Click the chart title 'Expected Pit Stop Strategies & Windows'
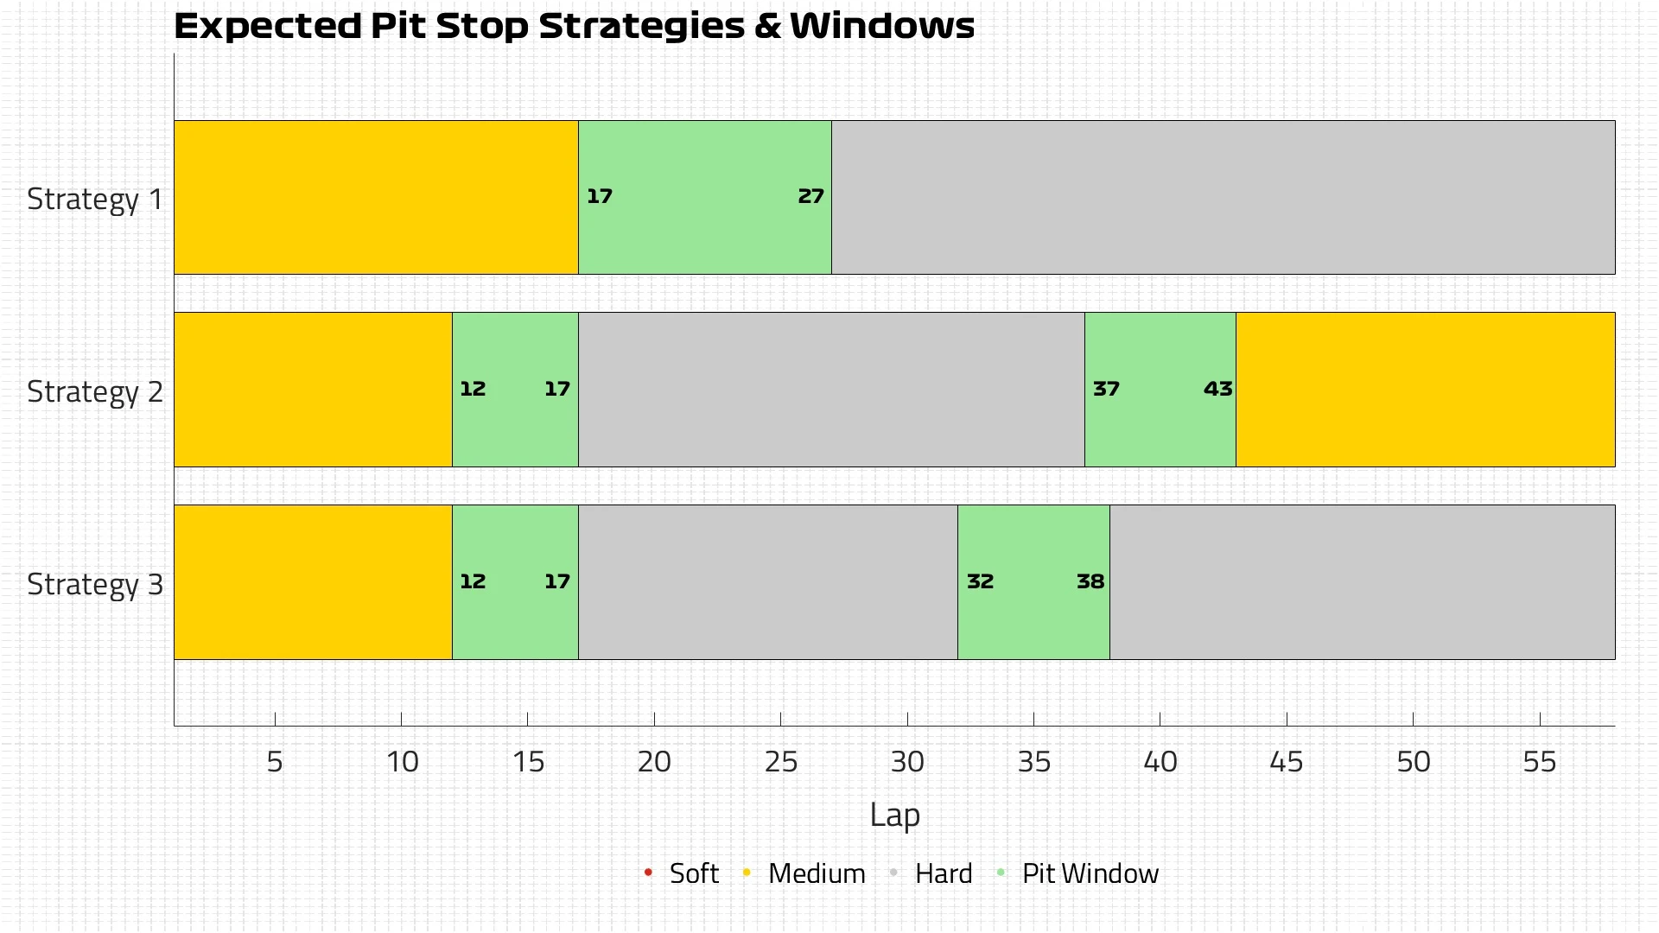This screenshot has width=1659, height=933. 574,26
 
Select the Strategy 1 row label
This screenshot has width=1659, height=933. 94,200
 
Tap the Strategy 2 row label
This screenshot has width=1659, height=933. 94,392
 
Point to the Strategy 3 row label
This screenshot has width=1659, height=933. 94,585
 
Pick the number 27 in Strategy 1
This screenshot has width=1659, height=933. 810,197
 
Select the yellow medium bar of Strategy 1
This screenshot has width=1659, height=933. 376,198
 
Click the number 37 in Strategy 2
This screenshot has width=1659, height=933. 1106,390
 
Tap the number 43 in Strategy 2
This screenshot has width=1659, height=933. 1217,390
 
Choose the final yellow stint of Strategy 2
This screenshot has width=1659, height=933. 1425,390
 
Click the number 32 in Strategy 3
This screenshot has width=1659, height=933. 980,582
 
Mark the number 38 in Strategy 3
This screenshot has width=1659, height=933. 1090,582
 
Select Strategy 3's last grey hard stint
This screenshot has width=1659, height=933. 1362,582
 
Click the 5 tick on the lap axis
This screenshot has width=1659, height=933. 275,762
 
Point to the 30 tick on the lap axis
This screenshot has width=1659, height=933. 907,762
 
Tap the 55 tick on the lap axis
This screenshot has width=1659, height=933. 1539,762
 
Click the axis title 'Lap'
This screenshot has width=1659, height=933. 894,816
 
